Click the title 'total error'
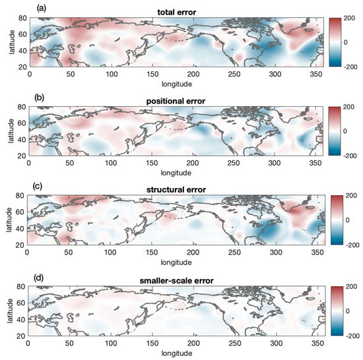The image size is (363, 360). (174, 13)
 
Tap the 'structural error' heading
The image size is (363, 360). (174, 190)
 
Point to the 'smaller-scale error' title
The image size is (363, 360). (174, 279)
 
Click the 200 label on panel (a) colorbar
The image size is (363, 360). (350, 19)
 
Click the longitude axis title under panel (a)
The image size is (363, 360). (174, 84)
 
